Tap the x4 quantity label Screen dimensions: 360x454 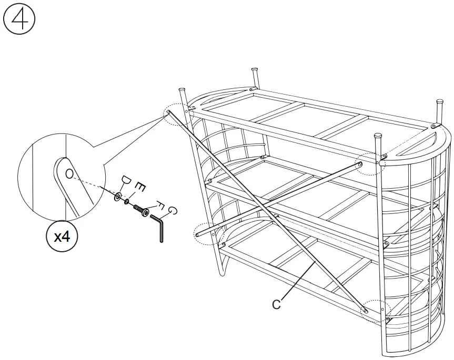(x=62, y=236)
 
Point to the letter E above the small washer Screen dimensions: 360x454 (x=140, y=187)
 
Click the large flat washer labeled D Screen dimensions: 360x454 (x=117, y=197)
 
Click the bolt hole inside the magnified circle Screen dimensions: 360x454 (x=69, y=173)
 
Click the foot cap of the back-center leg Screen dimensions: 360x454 (x=255, y=69)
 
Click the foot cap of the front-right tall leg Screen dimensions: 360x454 (x=377, y=137)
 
